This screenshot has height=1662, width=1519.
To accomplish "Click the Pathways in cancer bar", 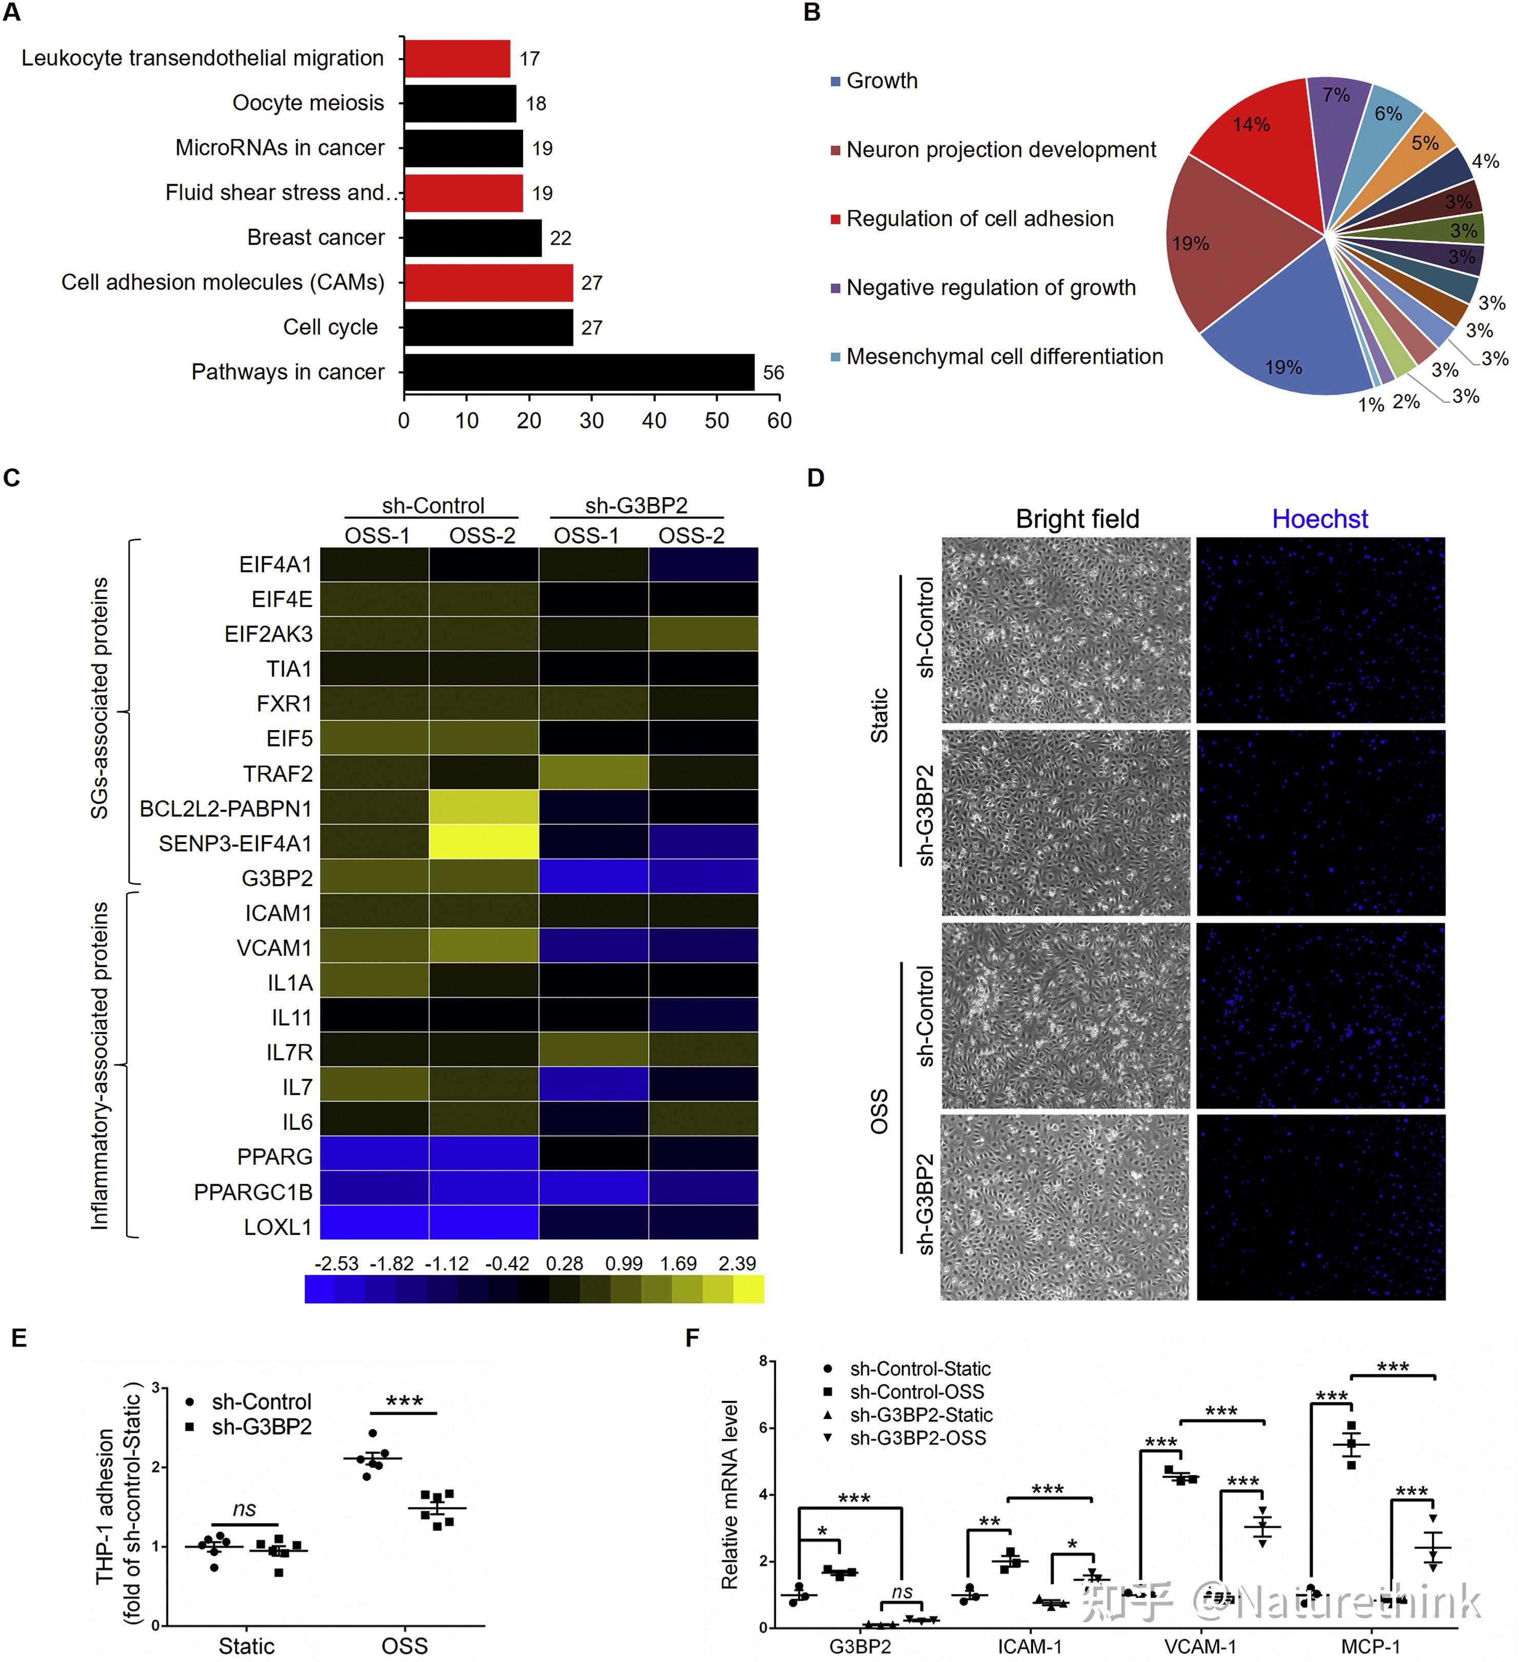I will [x=579, y=372].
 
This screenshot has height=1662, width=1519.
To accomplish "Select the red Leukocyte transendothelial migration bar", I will [x=457, y=58].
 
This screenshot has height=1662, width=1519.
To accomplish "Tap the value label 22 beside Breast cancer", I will [x=561, y=238].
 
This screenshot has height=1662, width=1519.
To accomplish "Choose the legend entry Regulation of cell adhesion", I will [x=979, y=219].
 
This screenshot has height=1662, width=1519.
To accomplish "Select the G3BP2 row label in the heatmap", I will [x=277, y=878].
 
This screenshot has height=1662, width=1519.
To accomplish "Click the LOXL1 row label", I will [x=278, y=1227].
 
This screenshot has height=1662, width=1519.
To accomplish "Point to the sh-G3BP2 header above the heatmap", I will [x=636, y=505].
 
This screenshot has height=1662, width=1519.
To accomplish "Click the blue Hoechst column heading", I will [x=1319, y=519].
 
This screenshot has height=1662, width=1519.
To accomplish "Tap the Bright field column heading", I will [x=1077, y=519].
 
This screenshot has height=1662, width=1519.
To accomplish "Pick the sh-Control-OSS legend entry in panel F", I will [x=917, y=1392].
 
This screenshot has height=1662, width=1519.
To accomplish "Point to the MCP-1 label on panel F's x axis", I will [x=1371, y=1646].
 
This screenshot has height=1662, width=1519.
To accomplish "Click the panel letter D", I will [x=815, y=478].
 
